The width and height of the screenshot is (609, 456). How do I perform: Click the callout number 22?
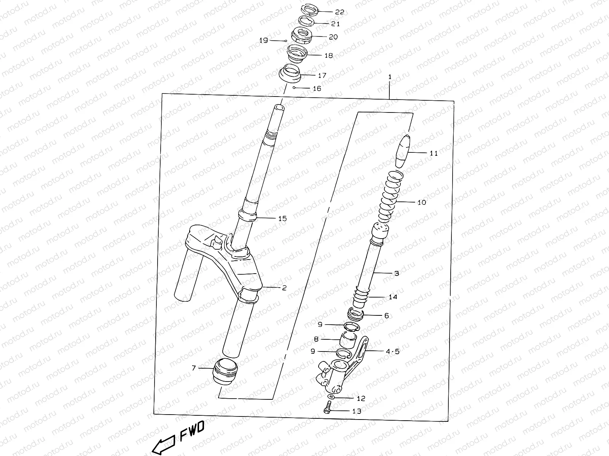click(339, 12)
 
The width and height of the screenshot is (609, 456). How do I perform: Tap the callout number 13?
click(357, 411)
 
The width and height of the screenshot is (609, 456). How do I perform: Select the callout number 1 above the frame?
click(390, 77)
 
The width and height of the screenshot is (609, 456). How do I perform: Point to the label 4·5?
click(393, 351)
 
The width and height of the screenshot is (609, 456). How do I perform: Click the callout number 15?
click(282, 218)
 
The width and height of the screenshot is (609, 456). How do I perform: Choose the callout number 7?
click(194, 368)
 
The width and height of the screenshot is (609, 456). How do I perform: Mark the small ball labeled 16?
click(294, 88)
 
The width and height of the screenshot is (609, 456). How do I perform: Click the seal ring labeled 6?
click(357, 315)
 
